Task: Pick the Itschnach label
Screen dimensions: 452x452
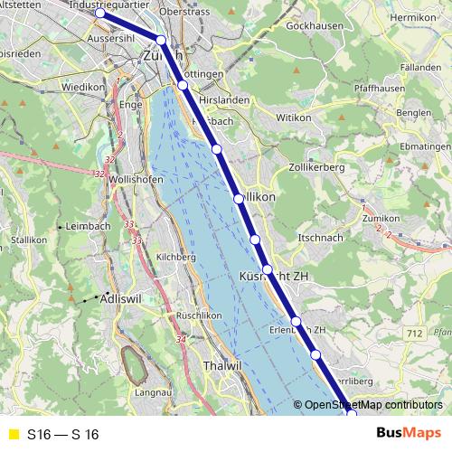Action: (x=319, y=237)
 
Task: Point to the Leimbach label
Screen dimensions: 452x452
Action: (x=87, y=226)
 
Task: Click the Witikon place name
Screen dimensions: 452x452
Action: (x=293, y=118)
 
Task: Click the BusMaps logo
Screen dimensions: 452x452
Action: (x=410, y=434)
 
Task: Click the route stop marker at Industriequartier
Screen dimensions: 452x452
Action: (x=100, y=14)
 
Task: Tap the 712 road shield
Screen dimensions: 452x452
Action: (x=415, y=334)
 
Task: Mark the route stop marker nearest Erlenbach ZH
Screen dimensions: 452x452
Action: (x=296, y=322)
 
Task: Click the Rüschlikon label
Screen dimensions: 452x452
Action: (x=199, y=315)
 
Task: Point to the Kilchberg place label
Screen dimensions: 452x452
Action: (x=176, y=257)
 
